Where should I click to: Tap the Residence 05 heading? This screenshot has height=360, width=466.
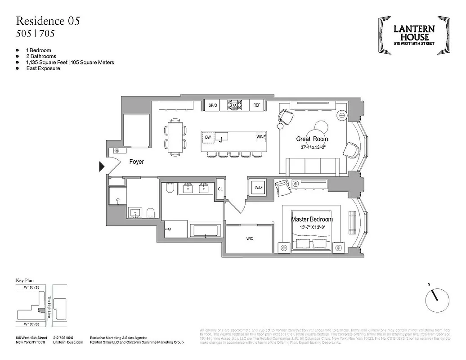pos(49,21)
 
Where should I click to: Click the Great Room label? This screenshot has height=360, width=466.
pos(312,139)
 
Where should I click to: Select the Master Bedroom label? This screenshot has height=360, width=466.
pos(312,219)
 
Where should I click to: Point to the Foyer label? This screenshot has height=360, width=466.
pos(136,162)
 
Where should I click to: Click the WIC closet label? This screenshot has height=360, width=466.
pos(249,238)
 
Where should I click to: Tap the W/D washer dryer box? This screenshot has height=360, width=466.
pos(259,187)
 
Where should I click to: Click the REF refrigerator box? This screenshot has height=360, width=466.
pos(256,105)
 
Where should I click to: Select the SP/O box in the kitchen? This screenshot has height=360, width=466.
pos(212,105)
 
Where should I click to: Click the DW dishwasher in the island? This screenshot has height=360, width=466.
pos(208,137)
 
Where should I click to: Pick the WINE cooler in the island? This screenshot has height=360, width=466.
pos(261,137)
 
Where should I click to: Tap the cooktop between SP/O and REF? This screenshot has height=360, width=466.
pos(234,105)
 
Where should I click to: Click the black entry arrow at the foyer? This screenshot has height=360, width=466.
pos(102,167)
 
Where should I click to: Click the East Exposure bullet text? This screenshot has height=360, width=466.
pos(43,68)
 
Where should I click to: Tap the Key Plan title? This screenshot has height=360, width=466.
pos(26,280)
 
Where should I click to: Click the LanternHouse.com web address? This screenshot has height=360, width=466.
pos(68,342)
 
